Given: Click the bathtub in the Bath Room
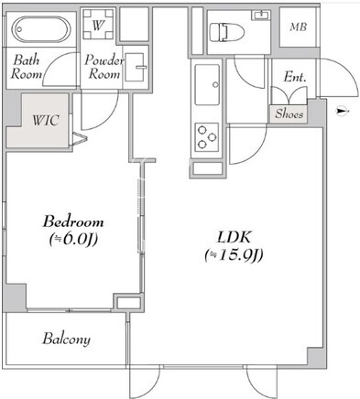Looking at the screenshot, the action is click(41, 29).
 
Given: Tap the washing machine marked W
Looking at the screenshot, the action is click(98, 25).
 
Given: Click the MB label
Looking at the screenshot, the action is click(299, 27).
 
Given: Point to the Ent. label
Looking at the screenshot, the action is click(295, 77).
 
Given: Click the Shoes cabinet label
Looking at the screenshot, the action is click(289, 113).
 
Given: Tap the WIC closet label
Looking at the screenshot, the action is click(46, 120).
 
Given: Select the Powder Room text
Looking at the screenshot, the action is click(104, 67).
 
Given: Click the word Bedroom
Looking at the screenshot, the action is click(73, 221).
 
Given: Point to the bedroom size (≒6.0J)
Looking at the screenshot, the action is click(73, 239).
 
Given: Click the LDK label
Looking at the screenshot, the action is click(234, 237).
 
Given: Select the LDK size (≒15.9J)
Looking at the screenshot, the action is click(234, 255).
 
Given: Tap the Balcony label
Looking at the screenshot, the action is click(66, 339).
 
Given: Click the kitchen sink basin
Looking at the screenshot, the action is click(207, 84).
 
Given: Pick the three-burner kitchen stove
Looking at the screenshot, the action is click(207, 137).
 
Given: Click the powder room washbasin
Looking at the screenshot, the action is click(135, 68).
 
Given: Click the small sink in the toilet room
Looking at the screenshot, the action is click(261, 15).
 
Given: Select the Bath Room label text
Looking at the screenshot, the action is click(26, 67).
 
